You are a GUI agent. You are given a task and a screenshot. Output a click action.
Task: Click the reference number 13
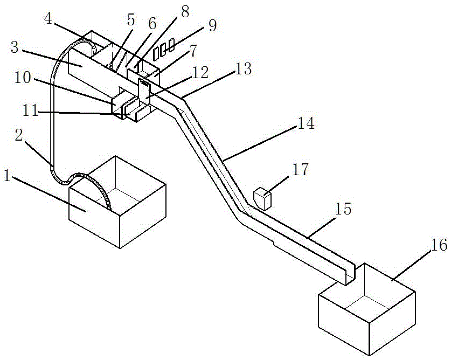click(x=244, y=68)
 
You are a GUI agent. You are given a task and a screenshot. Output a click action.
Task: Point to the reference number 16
click(x=439, y=245)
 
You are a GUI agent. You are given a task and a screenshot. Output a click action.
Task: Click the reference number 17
click(x=301, y=170)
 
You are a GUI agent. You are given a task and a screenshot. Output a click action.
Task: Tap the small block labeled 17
click(x=262, y=198)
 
